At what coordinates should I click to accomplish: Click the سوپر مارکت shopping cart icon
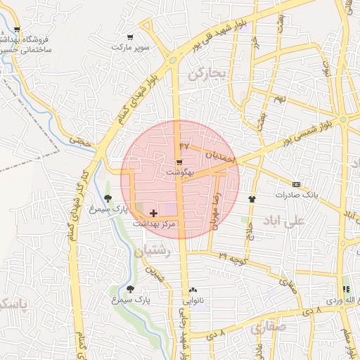click(129, 37)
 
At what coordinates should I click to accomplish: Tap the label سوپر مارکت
click(130, 47)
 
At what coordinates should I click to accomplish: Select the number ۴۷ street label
click(185, 146)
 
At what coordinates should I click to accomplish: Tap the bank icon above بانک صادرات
click(296, 184)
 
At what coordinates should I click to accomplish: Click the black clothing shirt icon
click(252, 199)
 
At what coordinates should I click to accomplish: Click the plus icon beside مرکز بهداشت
click(153, 212)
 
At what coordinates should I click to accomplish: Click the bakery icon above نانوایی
click(193, 290)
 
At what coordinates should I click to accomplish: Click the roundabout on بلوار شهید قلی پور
click(172, 62)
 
